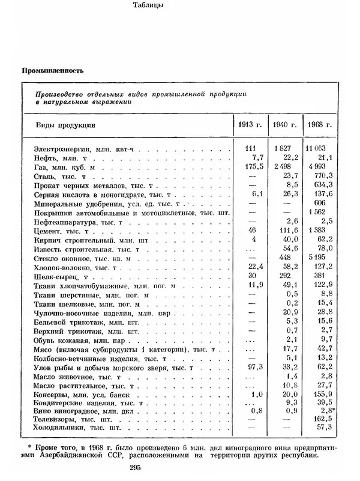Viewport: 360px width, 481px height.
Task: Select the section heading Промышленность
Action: click(x=52, y=70)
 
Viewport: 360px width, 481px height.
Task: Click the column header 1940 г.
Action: click(x=285, y=125)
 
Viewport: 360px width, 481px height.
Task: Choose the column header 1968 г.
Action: click(x=319, y=125)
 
